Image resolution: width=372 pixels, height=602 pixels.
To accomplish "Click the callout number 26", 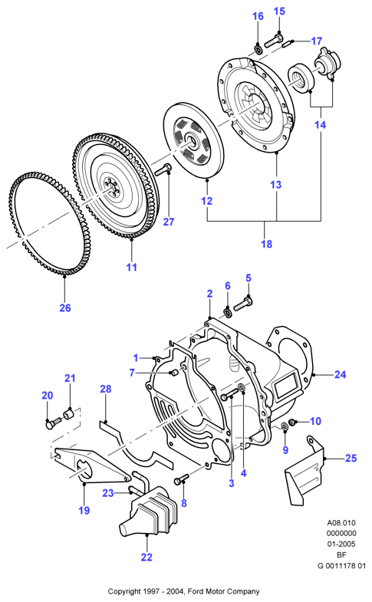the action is coord(65,308).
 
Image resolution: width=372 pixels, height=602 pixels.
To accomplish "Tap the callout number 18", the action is coord(266,244).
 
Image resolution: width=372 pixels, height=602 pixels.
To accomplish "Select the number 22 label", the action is coord(146,557).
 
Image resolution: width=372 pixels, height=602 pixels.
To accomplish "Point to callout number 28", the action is coord(106,389).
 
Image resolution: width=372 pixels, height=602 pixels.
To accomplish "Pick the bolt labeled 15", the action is coord(274,40).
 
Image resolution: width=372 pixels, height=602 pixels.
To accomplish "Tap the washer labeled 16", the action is coord(258,50).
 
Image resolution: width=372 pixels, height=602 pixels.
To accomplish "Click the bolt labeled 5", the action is coord(242,303).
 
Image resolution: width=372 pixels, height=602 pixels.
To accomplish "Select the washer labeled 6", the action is coord(227,313).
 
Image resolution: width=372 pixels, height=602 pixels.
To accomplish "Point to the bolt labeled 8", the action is coord(182,479).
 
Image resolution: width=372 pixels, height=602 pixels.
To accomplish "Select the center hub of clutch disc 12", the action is coord(192,141).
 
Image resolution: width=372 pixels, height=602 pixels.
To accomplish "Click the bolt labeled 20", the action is coord(54,423).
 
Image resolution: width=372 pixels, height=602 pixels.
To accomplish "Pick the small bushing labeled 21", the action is coord(69,414).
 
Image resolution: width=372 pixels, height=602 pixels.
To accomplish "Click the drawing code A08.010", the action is coord(341,522).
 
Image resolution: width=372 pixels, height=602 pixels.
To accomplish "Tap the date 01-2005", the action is coord(341,544).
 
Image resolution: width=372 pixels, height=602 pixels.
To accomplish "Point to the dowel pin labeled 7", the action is coord(173,372).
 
